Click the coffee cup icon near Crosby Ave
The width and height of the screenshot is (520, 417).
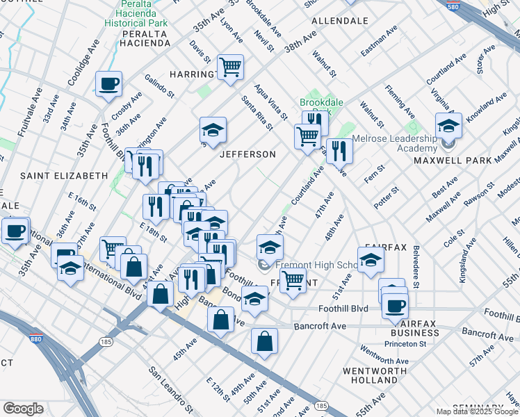(x=108, y=84)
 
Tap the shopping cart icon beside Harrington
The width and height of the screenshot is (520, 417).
(x=230, y=67)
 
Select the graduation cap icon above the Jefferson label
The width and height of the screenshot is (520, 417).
(x=213, y=129)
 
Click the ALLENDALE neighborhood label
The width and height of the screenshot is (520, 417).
(x=339, y=21)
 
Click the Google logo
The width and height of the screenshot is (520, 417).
(x=23, y=409)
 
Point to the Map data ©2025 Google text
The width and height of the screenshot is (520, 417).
(x=478, y=411)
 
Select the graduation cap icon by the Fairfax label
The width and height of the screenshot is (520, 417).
(x=371, y=261)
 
